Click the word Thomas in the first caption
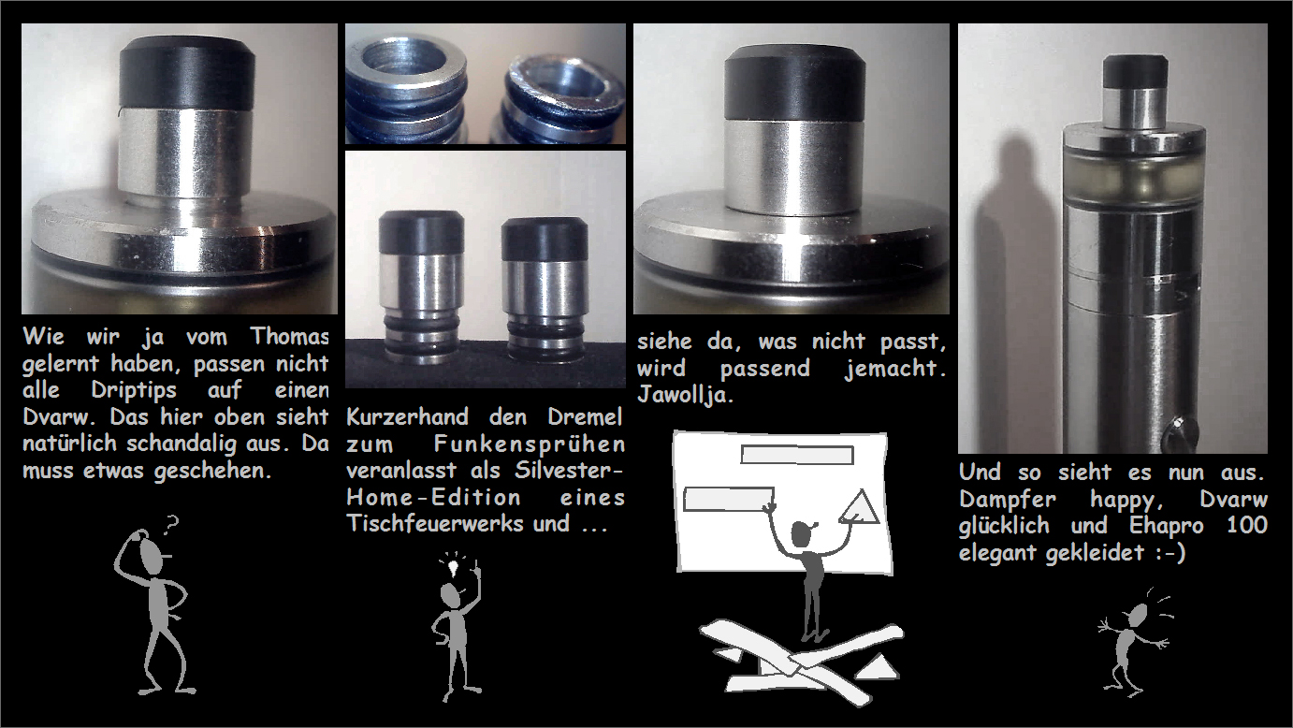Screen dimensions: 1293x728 [x=289, y=336]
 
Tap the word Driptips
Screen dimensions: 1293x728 [x=134, y=391]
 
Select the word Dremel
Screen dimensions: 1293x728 [x=585, y=416]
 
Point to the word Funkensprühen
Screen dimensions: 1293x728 [x=530, y=444]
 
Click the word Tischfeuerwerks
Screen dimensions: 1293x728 [x=435, y=523]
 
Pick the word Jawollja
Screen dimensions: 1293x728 [x=685, y=395]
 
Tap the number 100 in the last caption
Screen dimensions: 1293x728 [x=1247, y=524]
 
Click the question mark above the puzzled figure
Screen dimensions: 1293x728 [x=171, y=525]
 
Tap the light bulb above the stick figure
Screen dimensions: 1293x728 [x=453, y=567]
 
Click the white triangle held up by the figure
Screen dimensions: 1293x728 [x=860, y=507]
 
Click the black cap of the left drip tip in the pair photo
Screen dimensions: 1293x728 [x=421, y=233]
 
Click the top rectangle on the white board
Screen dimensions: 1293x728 [x=797, y=455]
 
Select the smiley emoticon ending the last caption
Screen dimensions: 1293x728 [x=1170, y=552]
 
